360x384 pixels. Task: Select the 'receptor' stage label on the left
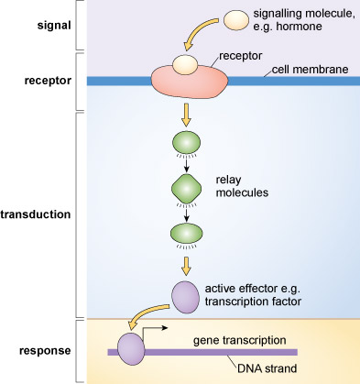(42, 81)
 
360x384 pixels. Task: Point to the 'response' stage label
(40, 351)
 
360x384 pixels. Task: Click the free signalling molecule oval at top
(235, 19)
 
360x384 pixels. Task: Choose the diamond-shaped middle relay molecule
(186, 189)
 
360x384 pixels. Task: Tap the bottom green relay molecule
(186, 234)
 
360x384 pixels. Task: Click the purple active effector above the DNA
(186, 295)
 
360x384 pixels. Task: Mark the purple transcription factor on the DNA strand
(129, 350)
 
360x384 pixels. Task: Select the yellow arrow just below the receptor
(186, 115)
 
